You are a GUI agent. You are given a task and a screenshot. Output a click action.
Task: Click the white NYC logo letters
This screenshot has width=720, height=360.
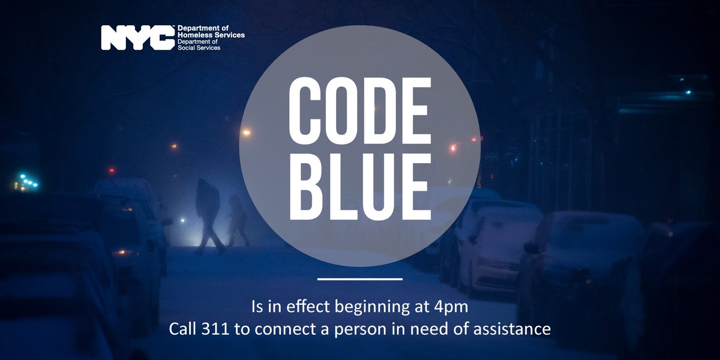click(137, 38)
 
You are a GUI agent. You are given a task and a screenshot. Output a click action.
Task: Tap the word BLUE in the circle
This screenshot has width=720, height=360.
click(359, 187)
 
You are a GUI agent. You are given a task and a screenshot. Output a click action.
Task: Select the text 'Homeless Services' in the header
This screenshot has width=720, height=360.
click(211, 35)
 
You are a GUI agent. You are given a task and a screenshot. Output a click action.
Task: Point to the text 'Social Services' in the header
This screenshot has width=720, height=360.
click(199, 47)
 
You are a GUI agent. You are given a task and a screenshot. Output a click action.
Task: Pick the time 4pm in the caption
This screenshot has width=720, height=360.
click(455, 308)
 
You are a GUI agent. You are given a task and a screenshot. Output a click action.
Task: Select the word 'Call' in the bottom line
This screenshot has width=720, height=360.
click(181, 329)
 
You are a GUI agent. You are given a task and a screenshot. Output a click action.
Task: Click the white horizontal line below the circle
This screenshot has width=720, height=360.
click(359, 279)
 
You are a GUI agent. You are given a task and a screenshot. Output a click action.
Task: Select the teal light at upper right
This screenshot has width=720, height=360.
click(688, 92)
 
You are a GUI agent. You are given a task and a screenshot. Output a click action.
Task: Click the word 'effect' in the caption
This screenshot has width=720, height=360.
click(300, 308)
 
